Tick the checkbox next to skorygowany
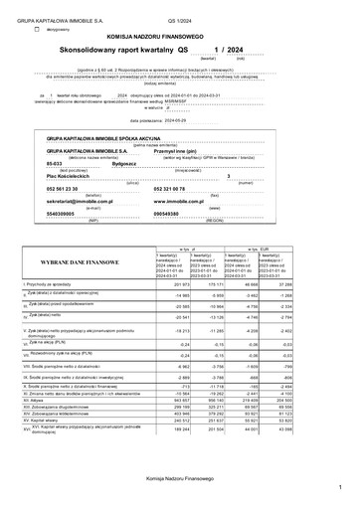click(38, 30)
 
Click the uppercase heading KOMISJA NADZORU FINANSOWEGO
click(179, 35)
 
